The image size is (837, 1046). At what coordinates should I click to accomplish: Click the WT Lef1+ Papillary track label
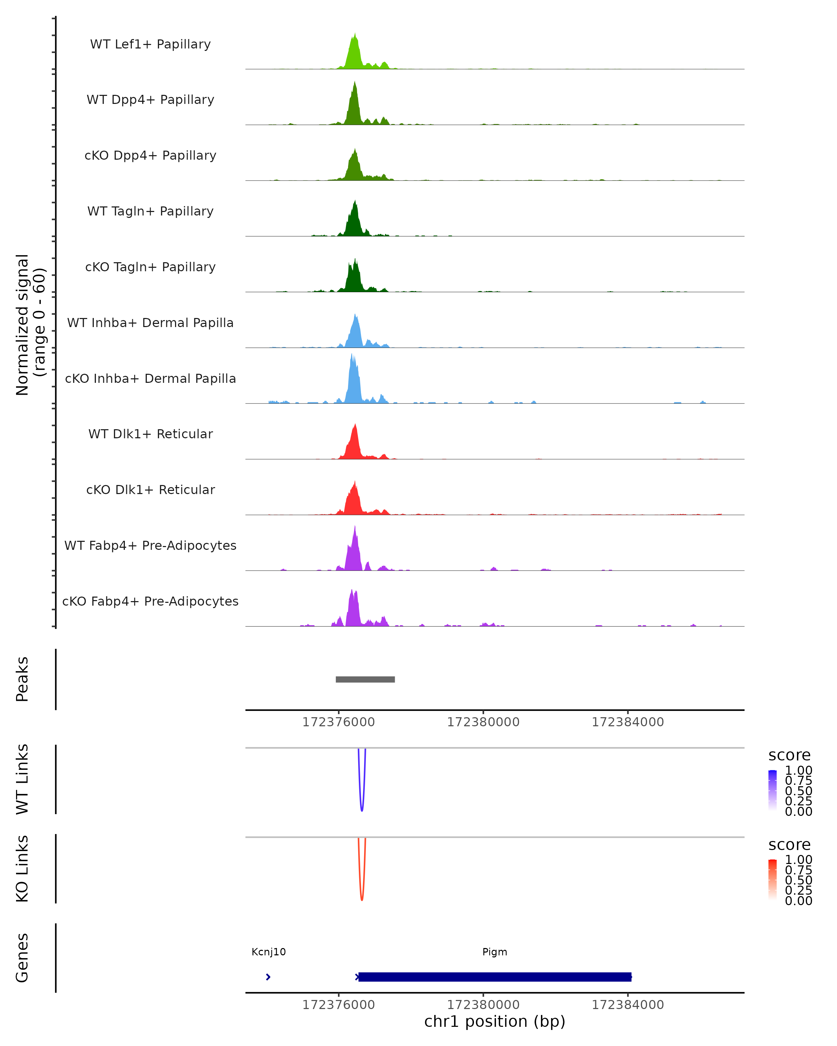tap(150, 44)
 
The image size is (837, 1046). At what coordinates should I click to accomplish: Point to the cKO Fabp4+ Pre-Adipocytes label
tap(150, 601)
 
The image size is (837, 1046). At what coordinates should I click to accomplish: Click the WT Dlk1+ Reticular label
tap(150, 434)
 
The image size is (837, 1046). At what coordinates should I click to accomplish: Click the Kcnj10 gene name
tap(268, 952)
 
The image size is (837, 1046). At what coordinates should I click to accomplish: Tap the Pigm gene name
tap(495, 952)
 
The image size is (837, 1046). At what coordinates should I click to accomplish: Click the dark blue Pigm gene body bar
tap(495, 977)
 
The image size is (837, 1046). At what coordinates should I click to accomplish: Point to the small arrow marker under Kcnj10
tap(268, 977)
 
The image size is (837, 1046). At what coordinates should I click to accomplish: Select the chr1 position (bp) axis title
tap(495, 1022)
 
